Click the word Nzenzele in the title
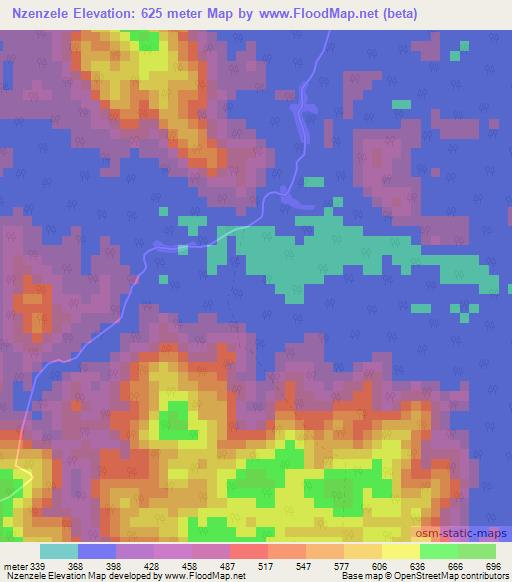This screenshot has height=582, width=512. click(47, 14)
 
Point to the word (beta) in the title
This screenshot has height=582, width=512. click(396, 14)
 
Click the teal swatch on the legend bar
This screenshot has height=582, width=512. click(58, 551)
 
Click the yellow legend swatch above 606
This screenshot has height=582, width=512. click(401, 551)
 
